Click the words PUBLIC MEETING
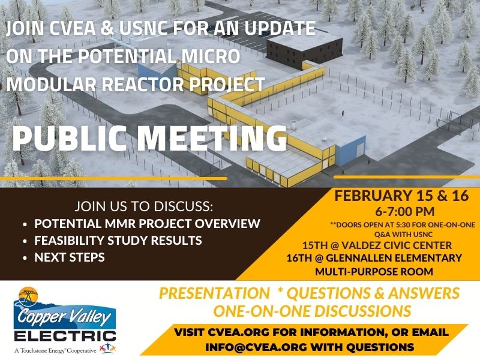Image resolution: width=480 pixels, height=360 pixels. (x=149, y=139)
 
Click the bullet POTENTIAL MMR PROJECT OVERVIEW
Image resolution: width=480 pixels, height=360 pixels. (x=147, y=224)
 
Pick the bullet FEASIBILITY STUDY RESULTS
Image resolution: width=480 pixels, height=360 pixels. (x=118, y=241)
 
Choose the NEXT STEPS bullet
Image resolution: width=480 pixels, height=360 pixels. (x=70, y=257)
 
